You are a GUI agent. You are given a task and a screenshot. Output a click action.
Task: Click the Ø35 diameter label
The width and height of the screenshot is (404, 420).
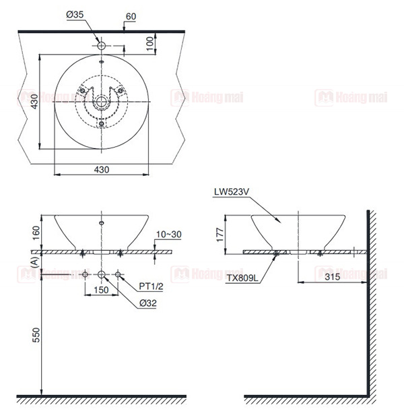point(75,14)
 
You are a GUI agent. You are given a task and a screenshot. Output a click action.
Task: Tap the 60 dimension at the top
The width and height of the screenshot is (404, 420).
point(131,17)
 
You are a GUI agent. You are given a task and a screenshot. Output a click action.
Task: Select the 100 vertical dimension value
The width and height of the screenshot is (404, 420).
point(150,43)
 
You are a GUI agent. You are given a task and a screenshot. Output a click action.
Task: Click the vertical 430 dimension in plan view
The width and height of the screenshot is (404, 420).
point(34,102)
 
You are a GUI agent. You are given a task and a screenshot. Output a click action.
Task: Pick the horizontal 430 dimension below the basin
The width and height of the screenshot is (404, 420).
point(102,170)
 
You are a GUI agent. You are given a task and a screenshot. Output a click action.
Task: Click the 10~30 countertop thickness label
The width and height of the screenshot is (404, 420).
point(169,235)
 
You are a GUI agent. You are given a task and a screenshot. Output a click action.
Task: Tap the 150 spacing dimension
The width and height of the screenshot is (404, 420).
point(102,290)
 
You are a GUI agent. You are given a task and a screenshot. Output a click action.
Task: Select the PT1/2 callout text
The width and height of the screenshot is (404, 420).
point(151,287)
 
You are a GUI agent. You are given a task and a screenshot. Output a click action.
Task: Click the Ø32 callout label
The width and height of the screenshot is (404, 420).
point(148,303)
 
